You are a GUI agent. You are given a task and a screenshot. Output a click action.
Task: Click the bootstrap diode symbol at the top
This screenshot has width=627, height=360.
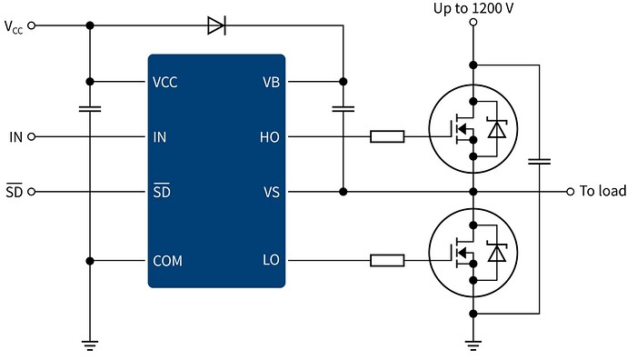216,26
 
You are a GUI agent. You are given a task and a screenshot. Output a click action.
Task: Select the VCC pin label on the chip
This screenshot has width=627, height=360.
165,82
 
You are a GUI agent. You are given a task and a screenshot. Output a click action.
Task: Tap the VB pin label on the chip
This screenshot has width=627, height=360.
271,82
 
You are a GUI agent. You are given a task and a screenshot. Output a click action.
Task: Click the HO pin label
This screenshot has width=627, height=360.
270,137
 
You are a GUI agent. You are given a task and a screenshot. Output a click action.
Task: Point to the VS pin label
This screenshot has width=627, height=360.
271,193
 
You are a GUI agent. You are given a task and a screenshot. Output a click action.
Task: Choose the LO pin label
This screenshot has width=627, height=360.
271,261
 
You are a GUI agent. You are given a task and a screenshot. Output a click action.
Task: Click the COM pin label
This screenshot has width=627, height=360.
167,261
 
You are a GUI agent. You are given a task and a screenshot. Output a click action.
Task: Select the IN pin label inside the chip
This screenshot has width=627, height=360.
159,137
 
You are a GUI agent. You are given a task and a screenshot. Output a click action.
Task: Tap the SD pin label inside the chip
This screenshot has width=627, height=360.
160,192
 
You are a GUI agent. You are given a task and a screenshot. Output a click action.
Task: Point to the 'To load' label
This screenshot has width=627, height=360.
602,192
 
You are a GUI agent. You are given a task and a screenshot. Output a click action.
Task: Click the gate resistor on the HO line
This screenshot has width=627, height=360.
387,137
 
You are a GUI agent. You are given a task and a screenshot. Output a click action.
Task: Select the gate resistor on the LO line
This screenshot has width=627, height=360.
387,261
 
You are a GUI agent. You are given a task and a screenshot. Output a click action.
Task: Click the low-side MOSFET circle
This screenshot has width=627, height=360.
473,253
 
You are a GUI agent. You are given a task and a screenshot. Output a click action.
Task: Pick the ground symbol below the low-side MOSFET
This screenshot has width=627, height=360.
473,344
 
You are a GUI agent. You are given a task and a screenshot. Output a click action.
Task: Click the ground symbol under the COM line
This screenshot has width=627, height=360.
89,344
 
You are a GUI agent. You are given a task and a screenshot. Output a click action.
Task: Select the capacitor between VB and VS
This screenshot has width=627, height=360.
343,109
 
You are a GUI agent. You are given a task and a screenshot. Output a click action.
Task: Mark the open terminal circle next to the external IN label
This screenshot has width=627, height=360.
32,137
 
